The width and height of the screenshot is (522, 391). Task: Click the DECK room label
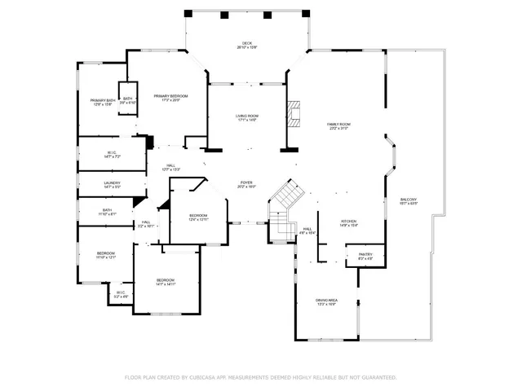coord(246,43)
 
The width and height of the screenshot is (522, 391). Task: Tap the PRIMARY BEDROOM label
coord(170,96)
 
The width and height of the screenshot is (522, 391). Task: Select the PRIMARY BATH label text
coord(103,100)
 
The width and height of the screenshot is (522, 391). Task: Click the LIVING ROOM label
coord(246,116)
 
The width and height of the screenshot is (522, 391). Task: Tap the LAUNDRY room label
coord(112,183)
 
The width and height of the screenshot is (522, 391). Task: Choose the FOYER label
coord(246,183)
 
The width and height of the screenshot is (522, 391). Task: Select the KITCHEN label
coord(349,221)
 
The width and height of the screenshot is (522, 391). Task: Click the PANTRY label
coord(365,255)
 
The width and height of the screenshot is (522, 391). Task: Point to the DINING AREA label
coord(326,301)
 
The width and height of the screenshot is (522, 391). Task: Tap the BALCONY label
coord(409,200)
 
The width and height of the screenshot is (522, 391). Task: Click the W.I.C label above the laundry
coord(112,152)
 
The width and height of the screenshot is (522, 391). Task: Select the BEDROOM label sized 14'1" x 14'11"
coord(166,280)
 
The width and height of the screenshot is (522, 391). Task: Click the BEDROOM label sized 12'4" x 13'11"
coord(199,216)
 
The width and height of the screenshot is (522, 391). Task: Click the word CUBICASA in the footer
coord(204,377)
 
